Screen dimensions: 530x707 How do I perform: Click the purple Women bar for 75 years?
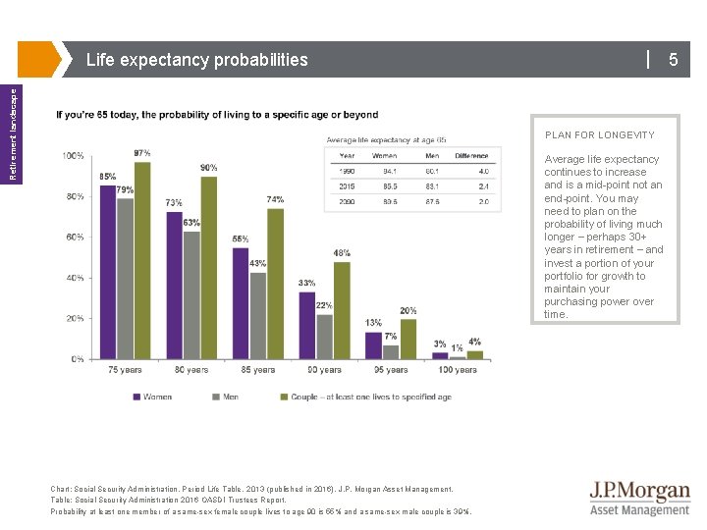click(x=108, y=272)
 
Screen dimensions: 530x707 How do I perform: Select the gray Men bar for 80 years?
click(x=191, y=294)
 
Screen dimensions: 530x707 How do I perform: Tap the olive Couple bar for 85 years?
click(x=275, y=284)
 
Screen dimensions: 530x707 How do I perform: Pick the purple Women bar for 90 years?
click(x=307, y=325)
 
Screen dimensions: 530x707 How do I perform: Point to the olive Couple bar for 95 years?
click(x=408, y=339)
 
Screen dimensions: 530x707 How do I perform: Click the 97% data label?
click(x=142, y=153)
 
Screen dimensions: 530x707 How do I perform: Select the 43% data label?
click(x=257, y=264)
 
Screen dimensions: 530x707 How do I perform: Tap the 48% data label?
click(x=342, y=253)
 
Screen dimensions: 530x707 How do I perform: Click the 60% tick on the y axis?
click(x=75, y=238)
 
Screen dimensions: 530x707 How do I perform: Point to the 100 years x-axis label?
click(x=458, y=370)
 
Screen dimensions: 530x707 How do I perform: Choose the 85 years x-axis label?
click(x=257, y=370)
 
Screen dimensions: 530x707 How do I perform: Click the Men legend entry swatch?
click(x=216, y=397)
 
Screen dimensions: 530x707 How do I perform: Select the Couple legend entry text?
click(x=370, y=397)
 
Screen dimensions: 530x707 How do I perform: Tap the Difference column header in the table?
click(x=471, y=156)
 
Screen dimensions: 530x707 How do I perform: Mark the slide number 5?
click(x=674, y=60)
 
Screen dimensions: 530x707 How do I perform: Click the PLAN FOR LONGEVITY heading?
click(x=600, y=135)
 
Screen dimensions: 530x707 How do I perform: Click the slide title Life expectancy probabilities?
click(x=197, y=60)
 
